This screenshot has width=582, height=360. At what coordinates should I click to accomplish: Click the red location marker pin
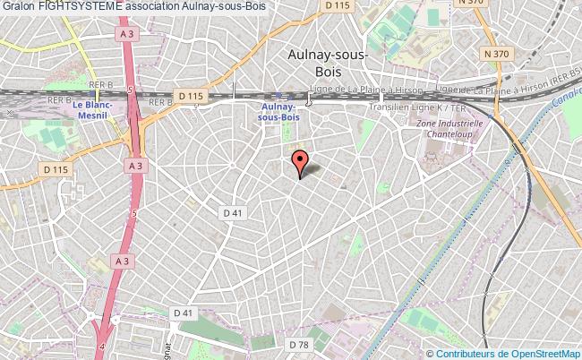point(299,162)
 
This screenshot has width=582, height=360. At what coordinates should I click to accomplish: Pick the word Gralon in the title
point(19,8)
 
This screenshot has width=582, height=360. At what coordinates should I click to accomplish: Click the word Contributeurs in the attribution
point(476,353)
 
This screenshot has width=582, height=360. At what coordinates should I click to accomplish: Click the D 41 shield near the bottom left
point(184,313)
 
